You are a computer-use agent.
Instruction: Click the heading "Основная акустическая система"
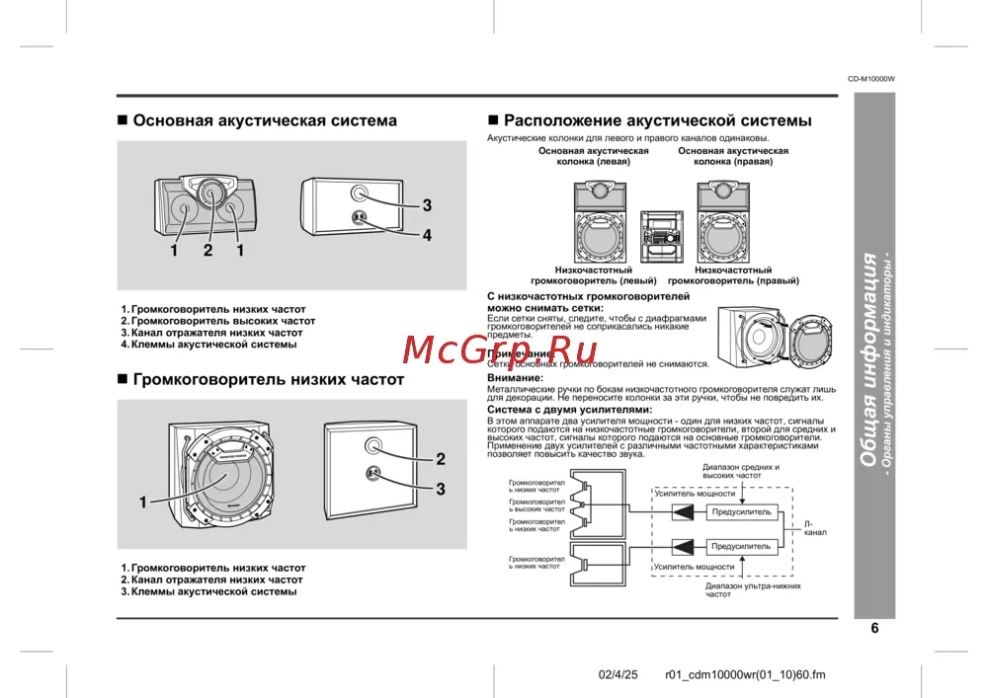point(265,120)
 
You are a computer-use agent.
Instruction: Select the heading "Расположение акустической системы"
point(657,120)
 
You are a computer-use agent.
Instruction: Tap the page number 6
point(874,628)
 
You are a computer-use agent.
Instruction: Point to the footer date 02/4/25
point(619,675)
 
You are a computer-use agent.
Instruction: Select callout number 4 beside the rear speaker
point(427,235)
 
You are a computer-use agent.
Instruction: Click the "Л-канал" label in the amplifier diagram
point(815,527)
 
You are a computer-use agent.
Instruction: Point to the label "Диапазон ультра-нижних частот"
point(739,590)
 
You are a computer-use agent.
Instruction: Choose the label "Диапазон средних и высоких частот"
point(740,471)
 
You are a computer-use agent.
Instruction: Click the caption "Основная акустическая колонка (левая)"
point(593,156)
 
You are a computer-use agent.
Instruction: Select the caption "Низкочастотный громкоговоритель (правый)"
point(733,275)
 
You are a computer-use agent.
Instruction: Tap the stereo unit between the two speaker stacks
point(656,236)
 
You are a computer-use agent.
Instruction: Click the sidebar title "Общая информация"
point(868,358)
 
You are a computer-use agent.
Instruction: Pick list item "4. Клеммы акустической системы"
point(208,345)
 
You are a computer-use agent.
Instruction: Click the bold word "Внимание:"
point(515,378)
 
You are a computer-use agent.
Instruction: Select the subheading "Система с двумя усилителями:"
point(570,409)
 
